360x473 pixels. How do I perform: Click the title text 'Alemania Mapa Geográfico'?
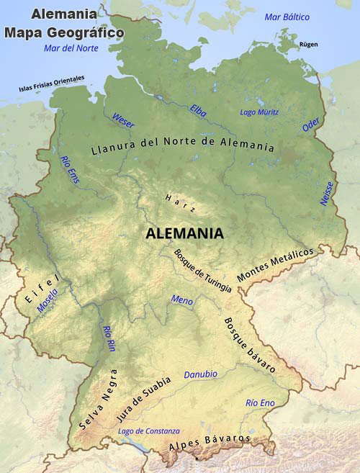pos(64,24)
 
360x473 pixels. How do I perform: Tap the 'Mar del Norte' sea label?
pos(71,48)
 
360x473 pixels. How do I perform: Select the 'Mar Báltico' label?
pos(287,17)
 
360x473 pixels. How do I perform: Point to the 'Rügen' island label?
pos(308,45)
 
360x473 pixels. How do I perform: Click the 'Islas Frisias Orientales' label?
pos(52,84)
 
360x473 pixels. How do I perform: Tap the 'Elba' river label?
pos(198,110)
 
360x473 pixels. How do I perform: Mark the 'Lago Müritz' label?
pos(258,112)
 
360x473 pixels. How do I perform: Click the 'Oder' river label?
pos(311,125)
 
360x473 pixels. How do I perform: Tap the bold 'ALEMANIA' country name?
pos(184,233)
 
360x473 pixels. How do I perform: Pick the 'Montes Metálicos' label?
pos(276,265)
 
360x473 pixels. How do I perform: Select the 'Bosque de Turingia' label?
pos(202,271)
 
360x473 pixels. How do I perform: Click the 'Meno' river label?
pos(182,299)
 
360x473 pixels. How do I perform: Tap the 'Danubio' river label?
pos(200,374)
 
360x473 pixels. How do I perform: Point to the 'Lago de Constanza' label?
pos(148,431)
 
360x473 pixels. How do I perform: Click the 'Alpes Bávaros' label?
pos(209,442)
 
